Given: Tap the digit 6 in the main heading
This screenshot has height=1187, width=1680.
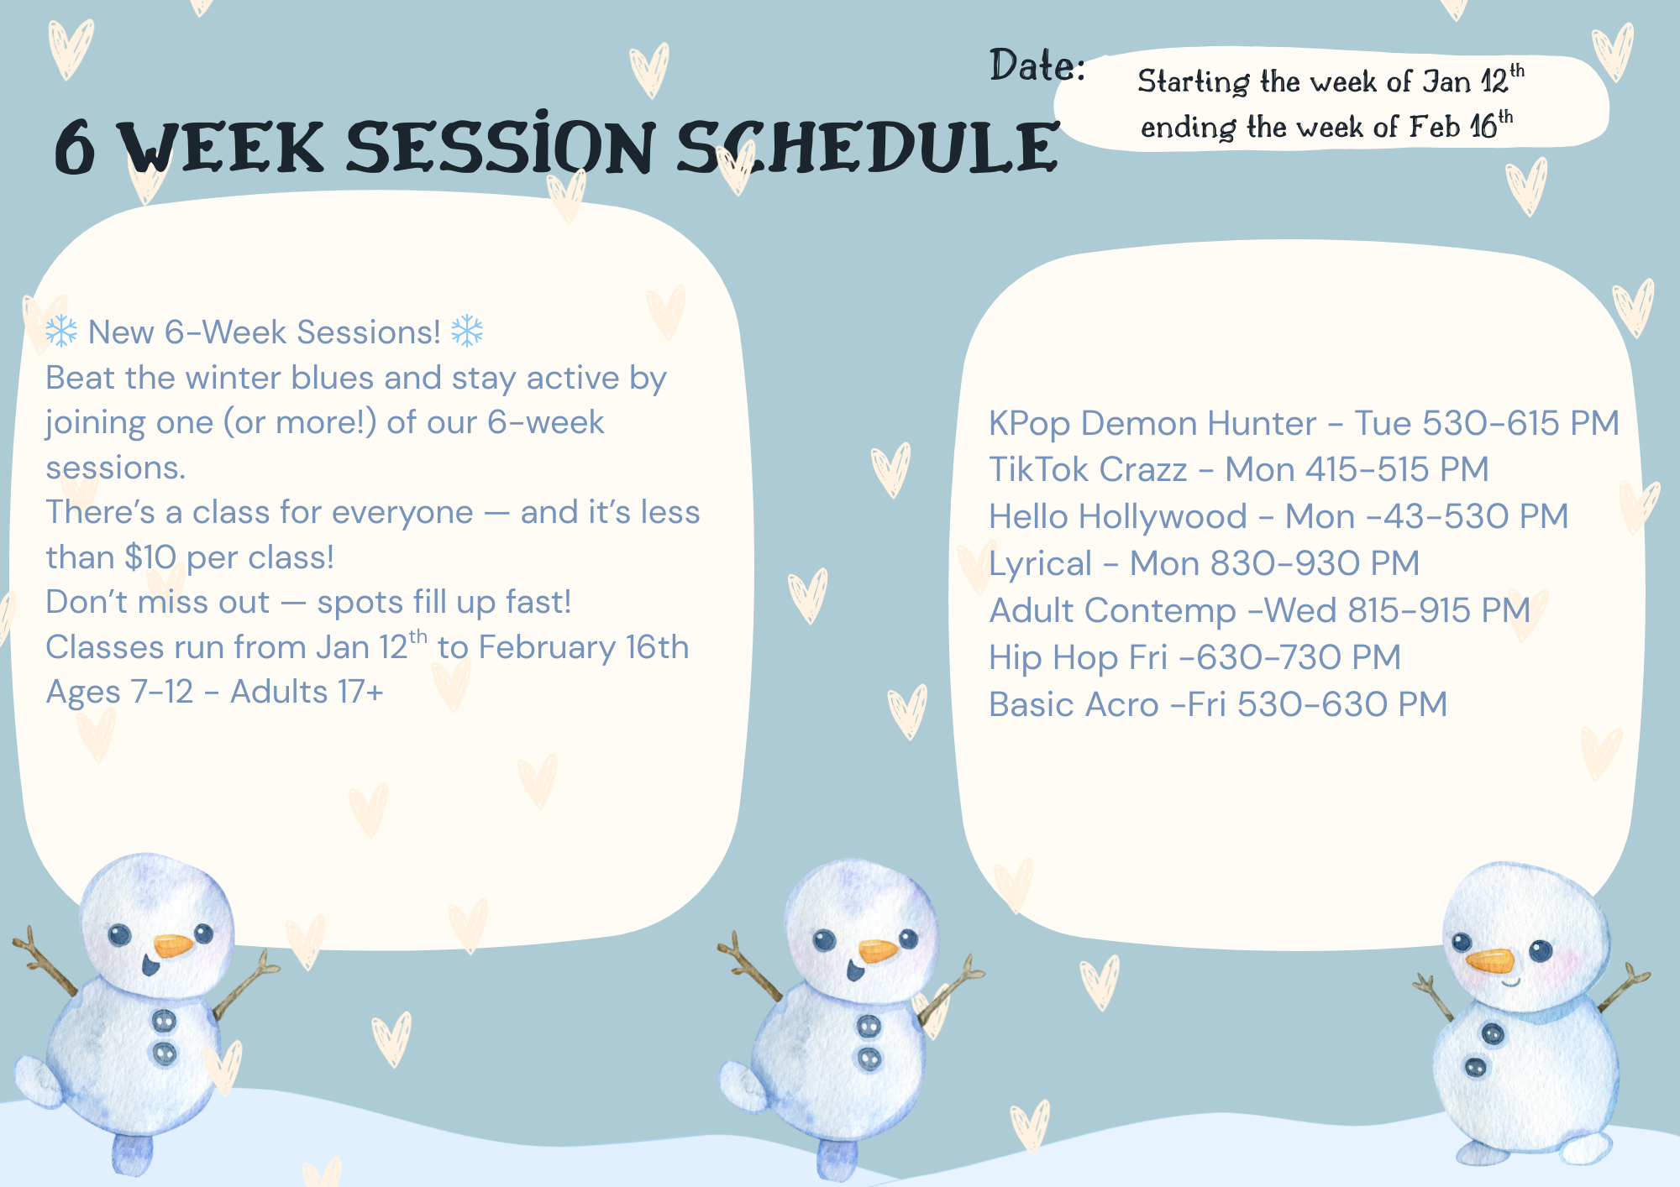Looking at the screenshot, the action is (x=74, y=148).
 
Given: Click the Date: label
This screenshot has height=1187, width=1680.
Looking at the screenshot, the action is (x=1037, y=65).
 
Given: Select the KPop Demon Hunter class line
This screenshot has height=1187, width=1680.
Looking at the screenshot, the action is (x=1304, y=424).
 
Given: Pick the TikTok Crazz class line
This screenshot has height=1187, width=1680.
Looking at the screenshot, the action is (x=1238, y=470).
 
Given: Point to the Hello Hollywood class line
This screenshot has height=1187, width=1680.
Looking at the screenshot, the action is (x=1278, y=517).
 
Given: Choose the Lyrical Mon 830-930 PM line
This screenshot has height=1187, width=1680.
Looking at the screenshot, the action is (x=1204, y=564).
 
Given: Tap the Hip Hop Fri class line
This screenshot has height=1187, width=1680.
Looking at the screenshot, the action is (x=1194, y=658).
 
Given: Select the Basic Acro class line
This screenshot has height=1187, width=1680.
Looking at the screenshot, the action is (x=1218, y=705).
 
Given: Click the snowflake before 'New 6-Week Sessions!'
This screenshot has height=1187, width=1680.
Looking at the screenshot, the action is (x=61, y=332).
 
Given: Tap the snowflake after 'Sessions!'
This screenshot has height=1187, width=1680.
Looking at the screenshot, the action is (x=467, y=331).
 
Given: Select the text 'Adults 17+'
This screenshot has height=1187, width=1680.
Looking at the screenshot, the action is (x=307, y=693).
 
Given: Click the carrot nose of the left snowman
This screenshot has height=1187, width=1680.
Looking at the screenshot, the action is (x=173, y=946).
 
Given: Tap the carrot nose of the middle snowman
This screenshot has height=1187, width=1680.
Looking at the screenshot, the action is (x=878, y=951).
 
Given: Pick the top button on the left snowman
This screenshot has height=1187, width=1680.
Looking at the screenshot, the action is (x=163, y=1022).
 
